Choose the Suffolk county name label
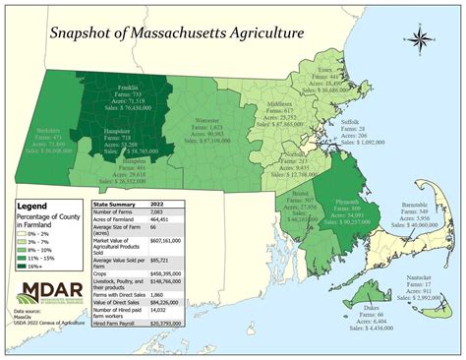350,121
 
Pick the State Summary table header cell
119,203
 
